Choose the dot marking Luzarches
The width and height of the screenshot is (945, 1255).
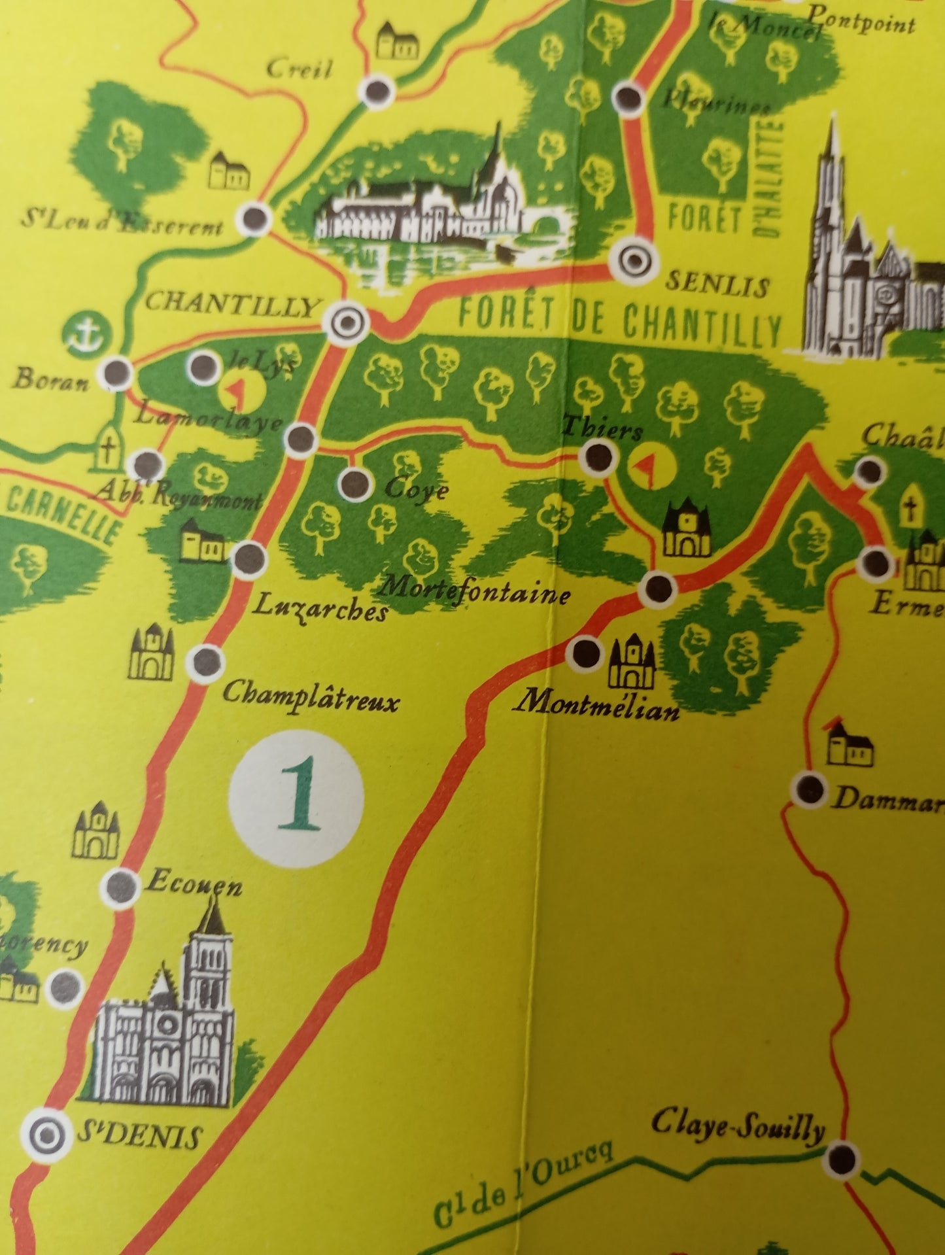pyautogui.click(x=250, y=558)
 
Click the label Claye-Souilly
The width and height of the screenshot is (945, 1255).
pyautogui.click(x=738, y=1126)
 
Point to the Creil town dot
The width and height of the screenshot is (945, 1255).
pyautogui.click(x=378, y=94)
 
